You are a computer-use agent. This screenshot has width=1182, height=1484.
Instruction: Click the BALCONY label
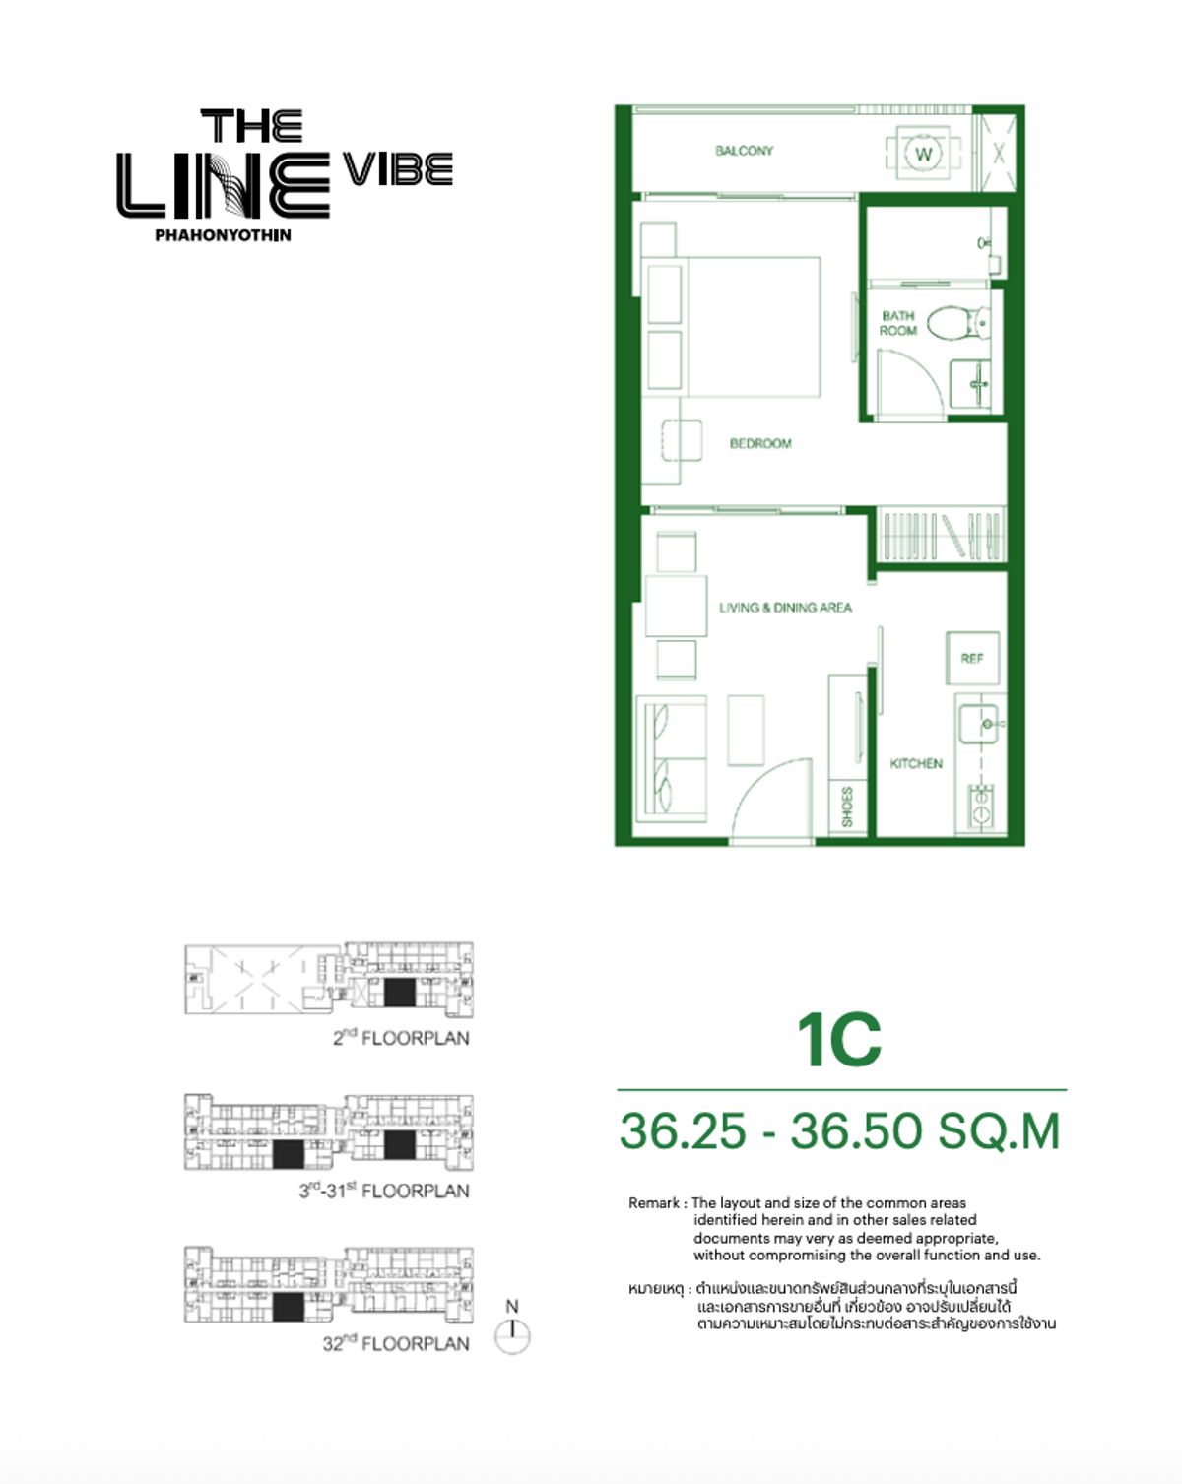(x=744, y=151)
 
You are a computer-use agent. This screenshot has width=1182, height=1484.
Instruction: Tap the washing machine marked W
(x=923, y=154)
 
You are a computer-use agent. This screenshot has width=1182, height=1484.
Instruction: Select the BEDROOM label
(x=759, y=443)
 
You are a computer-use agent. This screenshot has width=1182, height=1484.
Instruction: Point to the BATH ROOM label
(x=897, y=323)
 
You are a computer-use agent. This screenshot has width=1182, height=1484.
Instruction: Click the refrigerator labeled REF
(x=972, y=658)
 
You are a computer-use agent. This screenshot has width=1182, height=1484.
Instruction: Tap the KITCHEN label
(x=915, y=763)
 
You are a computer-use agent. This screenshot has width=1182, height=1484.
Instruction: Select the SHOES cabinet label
(x=847, y=807)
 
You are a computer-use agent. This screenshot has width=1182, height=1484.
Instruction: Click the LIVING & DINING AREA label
(x=785, y=608)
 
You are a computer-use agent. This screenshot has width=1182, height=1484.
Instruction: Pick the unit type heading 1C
(x=839, y=1040)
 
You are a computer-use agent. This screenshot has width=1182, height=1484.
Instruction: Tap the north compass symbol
(x=512, y=1334)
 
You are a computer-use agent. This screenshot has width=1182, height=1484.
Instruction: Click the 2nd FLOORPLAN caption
(x=401, y=1038)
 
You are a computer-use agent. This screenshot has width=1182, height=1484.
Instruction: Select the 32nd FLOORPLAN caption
(x=396, y=1343)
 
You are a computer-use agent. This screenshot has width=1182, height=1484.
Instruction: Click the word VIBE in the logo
(x=398, y=169)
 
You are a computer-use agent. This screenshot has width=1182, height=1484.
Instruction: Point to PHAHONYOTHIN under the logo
(x=223, y=235)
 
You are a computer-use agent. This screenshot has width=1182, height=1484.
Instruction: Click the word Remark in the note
(x=654, y=1203)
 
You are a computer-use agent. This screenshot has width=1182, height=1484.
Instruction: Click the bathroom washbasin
(x=975, y=381)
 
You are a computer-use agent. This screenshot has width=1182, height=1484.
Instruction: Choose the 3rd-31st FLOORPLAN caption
(x=384, y=1191)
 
